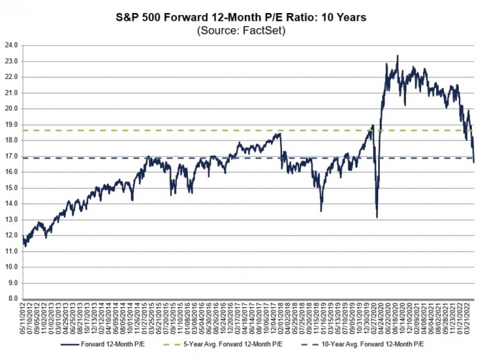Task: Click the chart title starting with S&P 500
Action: (243, 17)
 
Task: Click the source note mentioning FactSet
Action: (243, 31)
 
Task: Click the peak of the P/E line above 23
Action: (398, 56)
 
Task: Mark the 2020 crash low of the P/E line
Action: (377, 217)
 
